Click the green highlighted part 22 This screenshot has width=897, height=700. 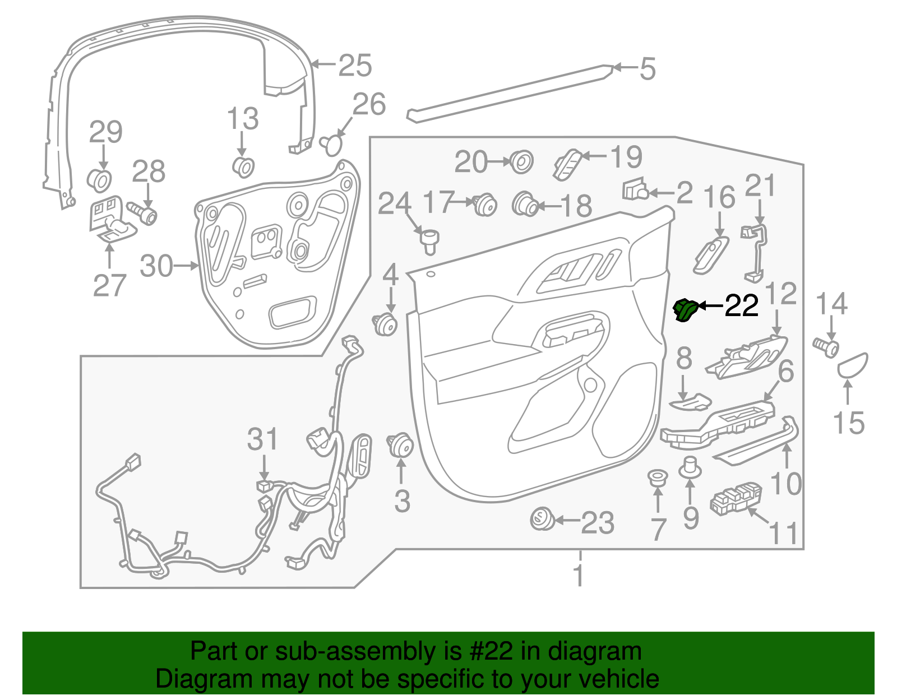(x=685, y=310)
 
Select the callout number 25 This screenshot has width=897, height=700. (x=355, y=65)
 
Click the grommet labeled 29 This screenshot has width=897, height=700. (x=99, y=180)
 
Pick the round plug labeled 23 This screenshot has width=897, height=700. (x=542, y=518)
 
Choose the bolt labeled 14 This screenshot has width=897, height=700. (x=826, y=347)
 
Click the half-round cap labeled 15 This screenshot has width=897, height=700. (x=852, y=365)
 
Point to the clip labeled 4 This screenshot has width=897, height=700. (x=385, y=324)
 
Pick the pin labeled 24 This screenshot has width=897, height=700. (x=429, y=242)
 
